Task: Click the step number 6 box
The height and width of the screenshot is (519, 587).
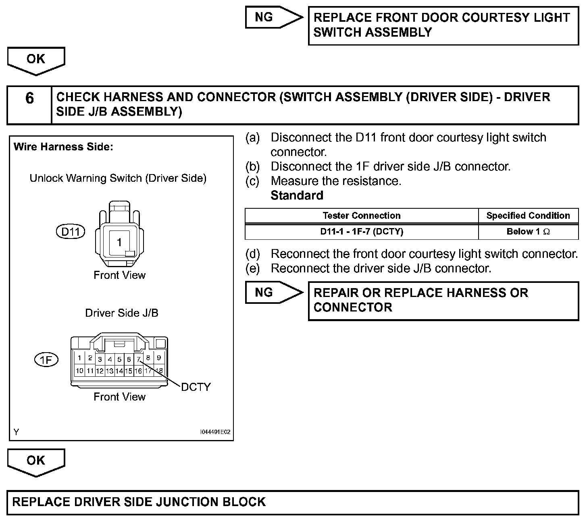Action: click(29, 105)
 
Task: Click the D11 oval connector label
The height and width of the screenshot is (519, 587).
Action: click(71, 231)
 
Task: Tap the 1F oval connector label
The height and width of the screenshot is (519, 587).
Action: click(46, 359)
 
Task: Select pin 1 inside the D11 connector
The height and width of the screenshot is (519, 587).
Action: click(119, 242)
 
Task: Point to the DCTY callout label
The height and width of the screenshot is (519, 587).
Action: click(196, 387)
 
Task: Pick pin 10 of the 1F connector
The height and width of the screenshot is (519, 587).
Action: click(79, 371)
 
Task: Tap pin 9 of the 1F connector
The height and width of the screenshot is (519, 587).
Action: click(159, 357)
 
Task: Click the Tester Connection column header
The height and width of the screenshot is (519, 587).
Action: click(361, 216)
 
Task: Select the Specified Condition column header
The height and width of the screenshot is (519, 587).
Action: click(528, 216)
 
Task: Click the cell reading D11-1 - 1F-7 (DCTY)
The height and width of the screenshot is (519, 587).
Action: click(361, 232)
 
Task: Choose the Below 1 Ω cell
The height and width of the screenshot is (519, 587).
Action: click(528, 232)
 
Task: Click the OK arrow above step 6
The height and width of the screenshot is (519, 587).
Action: click(36, 60)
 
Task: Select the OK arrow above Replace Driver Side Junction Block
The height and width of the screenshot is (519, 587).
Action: click(36, 462)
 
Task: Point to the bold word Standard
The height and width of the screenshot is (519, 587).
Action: click(297, 195)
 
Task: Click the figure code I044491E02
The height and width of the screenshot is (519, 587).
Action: click(215, 432)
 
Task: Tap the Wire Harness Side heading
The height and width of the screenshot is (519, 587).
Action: click(63, 147)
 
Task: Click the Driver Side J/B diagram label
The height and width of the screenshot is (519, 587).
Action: click(121, 313)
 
